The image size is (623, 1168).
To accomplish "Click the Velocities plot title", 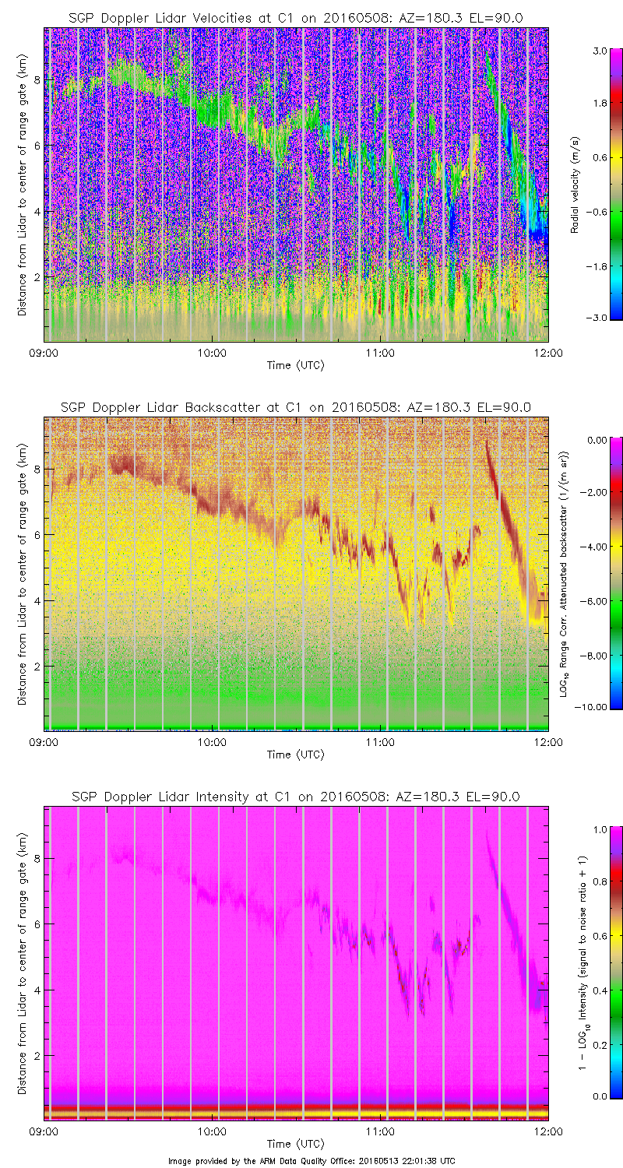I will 295,17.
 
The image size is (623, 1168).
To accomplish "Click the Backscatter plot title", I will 295,407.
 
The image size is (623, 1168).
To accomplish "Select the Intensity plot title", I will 295,797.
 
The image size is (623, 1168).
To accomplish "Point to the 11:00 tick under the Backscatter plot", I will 380,742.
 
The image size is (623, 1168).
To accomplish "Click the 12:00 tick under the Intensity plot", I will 548,1131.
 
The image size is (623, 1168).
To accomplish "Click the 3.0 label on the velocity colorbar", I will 598,51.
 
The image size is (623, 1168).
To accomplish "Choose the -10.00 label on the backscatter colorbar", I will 596,707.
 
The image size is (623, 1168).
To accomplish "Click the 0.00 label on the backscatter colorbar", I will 597,441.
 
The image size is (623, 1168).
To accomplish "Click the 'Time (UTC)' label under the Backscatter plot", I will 295,755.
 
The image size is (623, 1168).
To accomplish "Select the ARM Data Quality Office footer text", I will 311,1160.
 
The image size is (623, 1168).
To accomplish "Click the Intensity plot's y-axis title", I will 23,963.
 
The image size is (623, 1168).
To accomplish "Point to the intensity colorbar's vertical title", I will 582,963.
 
